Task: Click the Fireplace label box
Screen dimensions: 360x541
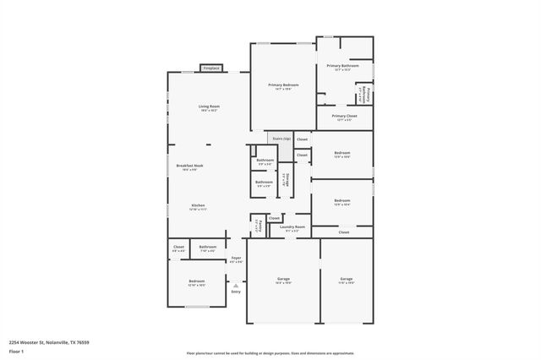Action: [210, 68]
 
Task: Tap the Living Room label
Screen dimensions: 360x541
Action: [209, 106]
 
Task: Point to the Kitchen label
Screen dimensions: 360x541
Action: [199, 205]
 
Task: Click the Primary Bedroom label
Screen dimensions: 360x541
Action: [283, 85]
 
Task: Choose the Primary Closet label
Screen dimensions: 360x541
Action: [344, 117]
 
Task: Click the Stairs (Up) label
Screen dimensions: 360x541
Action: [281, 137]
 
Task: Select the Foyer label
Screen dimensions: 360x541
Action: [236, 258]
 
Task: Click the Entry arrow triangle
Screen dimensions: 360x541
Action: [236, 286]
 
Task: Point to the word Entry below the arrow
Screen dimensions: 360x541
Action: [236, 292]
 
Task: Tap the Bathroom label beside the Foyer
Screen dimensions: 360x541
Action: [207, 248]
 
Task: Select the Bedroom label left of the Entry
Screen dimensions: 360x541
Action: [196, 281]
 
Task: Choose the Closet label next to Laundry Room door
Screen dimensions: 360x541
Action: [275, 218]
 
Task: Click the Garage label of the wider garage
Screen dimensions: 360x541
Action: [283, 279]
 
